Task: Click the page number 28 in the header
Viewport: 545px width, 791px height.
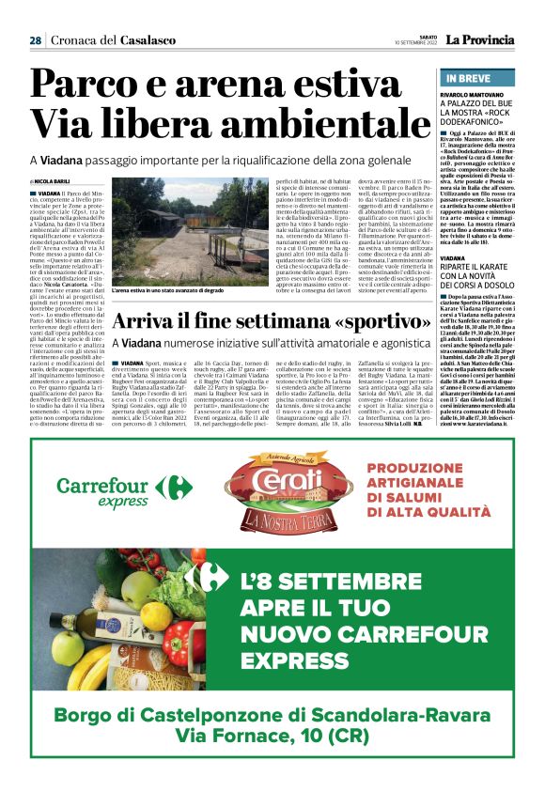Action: [x=34, y=40]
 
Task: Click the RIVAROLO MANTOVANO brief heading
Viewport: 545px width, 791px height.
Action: [x=475, y=96]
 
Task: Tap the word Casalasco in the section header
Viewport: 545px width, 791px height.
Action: [x=142, y=40]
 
